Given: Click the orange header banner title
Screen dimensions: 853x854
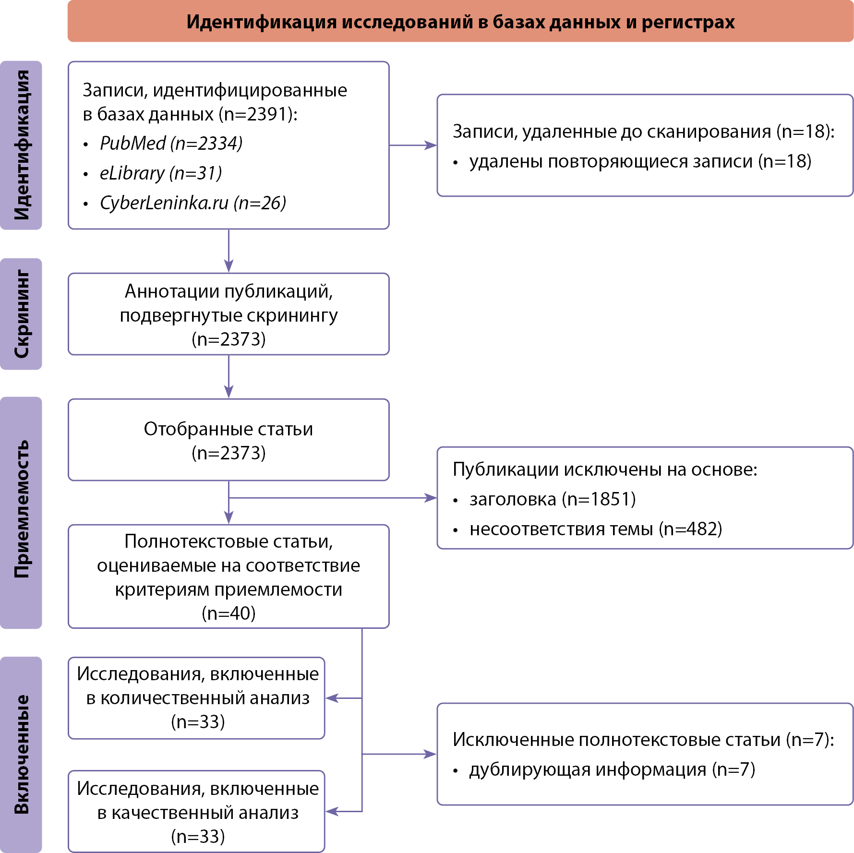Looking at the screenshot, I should pyautogui.click(x=460, y=22).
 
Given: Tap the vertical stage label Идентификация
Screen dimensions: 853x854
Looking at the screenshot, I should pyautogui.click(x=22, y=145).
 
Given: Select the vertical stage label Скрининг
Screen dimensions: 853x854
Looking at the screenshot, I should pyautogui.click(x=22, y=314).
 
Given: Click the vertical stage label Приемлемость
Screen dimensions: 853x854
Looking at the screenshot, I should pyautogui.click(x=22, y=509).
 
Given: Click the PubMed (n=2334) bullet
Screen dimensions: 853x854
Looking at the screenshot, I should pyautogui.click(x=171, y=143).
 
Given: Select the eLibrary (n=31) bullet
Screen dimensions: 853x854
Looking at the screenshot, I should pyautogui.click(x=160, y=173).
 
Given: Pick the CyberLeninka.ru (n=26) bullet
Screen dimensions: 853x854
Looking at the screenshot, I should pyautogui.click(x=192, y=203).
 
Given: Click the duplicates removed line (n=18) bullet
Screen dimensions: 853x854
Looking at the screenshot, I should pyautogui.click(x=640, y=161).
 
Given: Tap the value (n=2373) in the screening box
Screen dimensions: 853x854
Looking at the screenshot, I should pyautogui.click(x=229, y=339).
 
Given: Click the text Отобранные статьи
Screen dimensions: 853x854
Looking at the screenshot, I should pyautogui.click(x=229, y=429).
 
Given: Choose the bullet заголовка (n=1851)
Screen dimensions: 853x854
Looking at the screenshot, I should pyautogui.click(x=552, y=499).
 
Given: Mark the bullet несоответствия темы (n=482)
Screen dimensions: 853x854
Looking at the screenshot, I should pyautogui.click(x=595, y=529).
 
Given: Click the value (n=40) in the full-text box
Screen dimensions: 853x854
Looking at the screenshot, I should pyautogui.click(x=229, y=613).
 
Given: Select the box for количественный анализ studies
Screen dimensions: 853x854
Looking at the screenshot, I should pyautogui.click(x=197, y=698).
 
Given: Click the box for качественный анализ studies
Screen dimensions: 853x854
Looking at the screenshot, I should pyautogui.click(x=197, y=812).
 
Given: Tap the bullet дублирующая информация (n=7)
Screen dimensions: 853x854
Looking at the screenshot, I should pyautogui.click(x=612, y=769).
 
